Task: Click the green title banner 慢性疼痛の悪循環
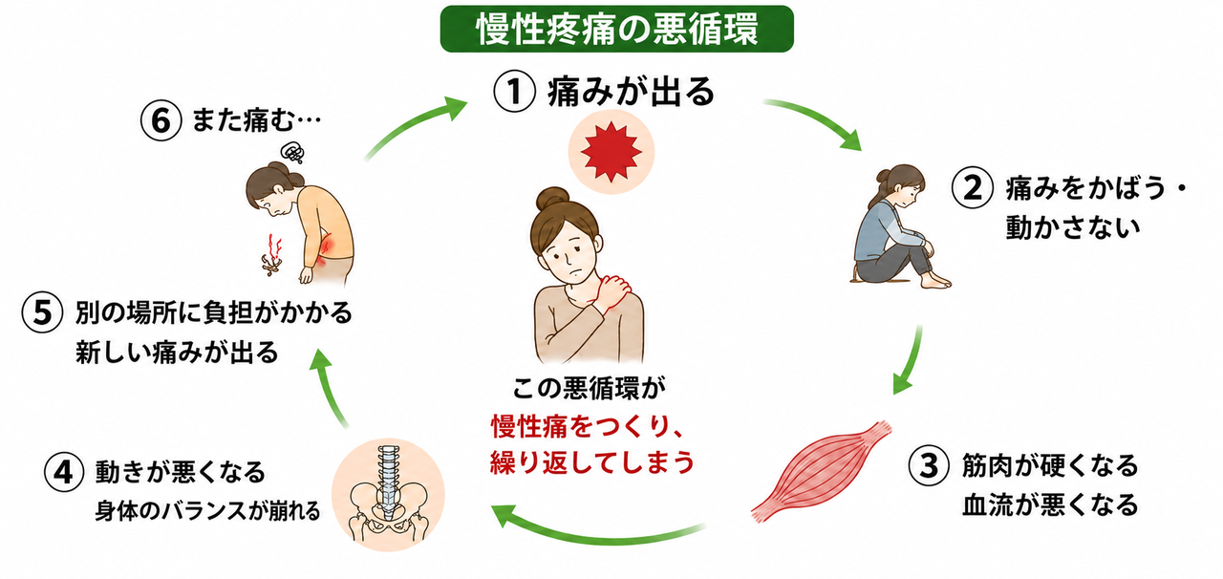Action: pos(616,29)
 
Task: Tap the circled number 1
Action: pos(514,93)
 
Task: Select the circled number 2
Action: pos(973,188)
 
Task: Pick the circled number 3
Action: pos(929,466)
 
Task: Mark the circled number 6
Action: pos(161,120)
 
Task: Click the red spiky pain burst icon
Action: pos(611,151)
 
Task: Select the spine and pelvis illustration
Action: pos(388,494)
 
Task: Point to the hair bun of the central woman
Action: pos(552,199)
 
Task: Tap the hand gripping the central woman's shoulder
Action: pos(613,292)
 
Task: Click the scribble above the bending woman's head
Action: pos(292,153)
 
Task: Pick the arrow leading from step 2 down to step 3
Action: pos(909,360)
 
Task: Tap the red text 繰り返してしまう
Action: pos(592,462)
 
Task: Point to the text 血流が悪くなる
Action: pos(1050,504)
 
